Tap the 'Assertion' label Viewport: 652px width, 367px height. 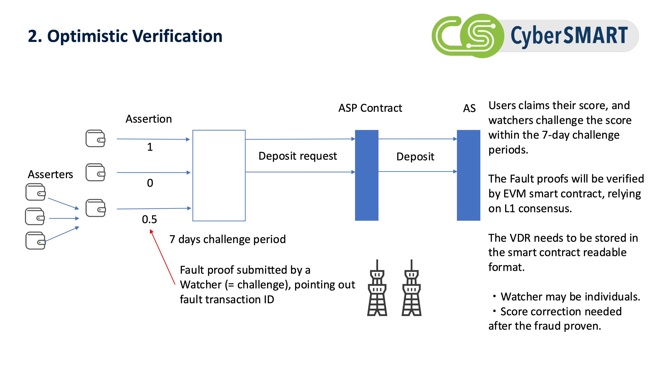coord(148,119)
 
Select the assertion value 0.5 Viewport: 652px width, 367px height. coord(149,219)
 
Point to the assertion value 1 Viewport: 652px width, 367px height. coord(150,147)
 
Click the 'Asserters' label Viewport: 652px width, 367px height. coord(50,175)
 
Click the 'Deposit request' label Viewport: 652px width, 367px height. coord(298,156)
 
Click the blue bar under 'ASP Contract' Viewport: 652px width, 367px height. coord(366,175)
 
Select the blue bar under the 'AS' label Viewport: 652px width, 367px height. coord(468,175)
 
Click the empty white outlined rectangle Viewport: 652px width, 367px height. coord(219,175)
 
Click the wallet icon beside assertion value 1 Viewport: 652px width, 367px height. coord(95,138)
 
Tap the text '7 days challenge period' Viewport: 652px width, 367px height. coord(228,239)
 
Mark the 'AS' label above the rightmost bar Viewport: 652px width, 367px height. coord(469,108)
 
